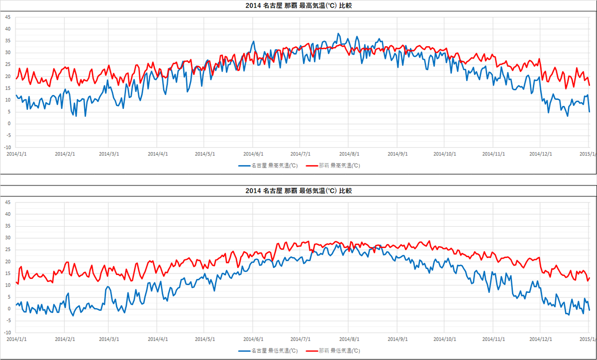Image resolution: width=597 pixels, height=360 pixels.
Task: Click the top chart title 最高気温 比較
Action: tap(298, 5)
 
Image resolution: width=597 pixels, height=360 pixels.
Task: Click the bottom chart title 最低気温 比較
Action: tap(298, 190)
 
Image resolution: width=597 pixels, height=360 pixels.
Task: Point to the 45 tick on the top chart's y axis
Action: tap(7, 17)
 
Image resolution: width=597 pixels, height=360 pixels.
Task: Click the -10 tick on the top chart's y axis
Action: tap(7, 148)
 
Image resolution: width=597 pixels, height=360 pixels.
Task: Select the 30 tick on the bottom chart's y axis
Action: tap(7, 238)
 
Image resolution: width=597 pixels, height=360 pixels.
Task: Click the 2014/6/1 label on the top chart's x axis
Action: tap(253, 154)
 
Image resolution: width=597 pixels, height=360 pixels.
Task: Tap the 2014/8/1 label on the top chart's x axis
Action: tap(349, 154)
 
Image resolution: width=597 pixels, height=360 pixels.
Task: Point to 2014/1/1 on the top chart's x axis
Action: tap(16, 154)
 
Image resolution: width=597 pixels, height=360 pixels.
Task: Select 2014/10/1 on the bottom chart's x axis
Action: tap(444, 339)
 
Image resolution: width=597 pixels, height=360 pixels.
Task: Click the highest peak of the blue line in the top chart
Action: tap(338, 34)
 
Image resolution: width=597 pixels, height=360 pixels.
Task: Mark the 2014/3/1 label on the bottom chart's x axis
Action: tap(108, 339)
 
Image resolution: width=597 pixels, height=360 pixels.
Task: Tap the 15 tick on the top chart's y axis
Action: tap(7, 88)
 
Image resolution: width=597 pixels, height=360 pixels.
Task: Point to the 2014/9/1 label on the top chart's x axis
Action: tap(397, 154)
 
